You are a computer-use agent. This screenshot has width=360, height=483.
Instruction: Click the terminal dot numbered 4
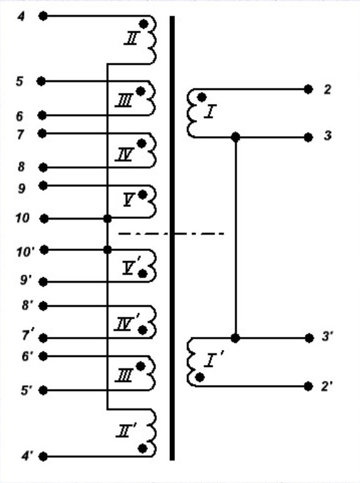43,16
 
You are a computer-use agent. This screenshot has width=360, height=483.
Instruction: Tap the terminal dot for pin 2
309,89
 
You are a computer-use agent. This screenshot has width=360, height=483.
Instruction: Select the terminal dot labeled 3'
309,338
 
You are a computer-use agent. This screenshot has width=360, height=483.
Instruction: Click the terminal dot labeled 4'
43,456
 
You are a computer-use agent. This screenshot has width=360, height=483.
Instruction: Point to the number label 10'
24,252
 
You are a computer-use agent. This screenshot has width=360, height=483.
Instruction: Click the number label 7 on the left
20,135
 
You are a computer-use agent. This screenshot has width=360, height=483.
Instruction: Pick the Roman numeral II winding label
132,38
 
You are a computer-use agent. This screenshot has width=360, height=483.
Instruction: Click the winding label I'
214,359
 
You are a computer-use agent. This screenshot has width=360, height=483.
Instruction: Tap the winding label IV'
127,322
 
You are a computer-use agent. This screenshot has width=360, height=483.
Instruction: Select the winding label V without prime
129,199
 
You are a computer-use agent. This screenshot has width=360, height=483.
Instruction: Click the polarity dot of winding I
202,97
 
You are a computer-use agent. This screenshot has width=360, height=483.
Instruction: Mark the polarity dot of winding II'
142,449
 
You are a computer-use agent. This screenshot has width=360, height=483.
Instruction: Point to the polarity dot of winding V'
142,274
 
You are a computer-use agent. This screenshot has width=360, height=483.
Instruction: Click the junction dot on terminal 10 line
107,219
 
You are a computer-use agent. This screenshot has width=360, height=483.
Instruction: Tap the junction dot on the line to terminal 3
236,137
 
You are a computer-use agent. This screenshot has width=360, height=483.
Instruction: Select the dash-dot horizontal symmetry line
171,234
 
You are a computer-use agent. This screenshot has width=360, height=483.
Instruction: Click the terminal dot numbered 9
43,186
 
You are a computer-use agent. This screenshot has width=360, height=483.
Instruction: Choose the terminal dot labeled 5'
43,391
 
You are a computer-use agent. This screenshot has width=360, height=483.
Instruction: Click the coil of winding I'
189,362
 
